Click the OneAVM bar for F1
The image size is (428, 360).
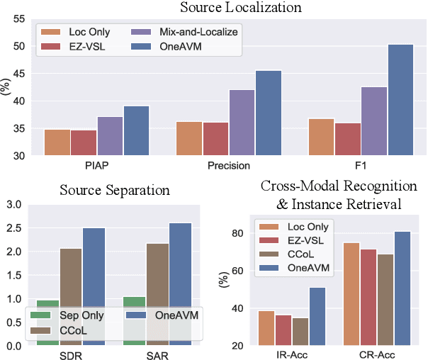[381, 100]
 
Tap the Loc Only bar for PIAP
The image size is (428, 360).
[57, 142]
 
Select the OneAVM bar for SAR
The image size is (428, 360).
[181, 284]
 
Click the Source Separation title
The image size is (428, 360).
[116, 190]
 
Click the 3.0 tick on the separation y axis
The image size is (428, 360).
[14, 205]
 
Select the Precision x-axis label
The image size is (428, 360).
[230, 166]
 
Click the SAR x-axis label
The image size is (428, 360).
[157, 354]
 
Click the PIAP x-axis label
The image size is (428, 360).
[96, 166]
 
